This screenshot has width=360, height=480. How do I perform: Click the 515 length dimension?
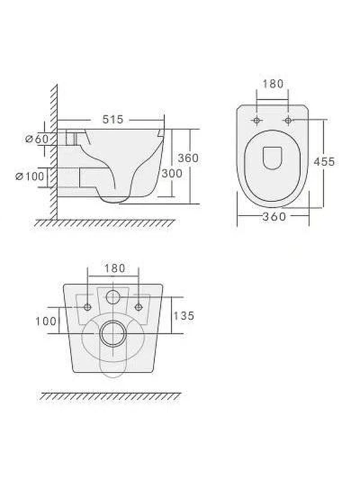coord(113,119)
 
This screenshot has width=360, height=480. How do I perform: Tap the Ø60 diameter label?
coord(37,139)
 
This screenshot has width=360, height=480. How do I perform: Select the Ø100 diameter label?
coord(29,176)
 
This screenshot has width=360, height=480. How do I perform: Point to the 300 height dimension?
coord(172,173)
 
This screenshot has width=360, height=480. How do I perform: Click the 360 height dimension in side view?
coord(188,158)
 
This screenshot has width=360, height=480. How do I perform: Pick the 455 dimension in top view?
coord(324,161)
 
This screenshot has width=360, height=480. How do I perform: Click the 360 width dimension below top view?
coord(274,217)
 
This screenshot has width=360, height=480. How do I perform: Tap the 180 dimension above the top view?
coord(273,83)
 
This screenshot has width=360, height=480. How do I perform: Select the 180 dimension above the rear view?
coord(115,268)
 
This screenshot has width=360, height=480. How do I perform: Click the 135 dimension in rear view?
coord(184,316)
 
